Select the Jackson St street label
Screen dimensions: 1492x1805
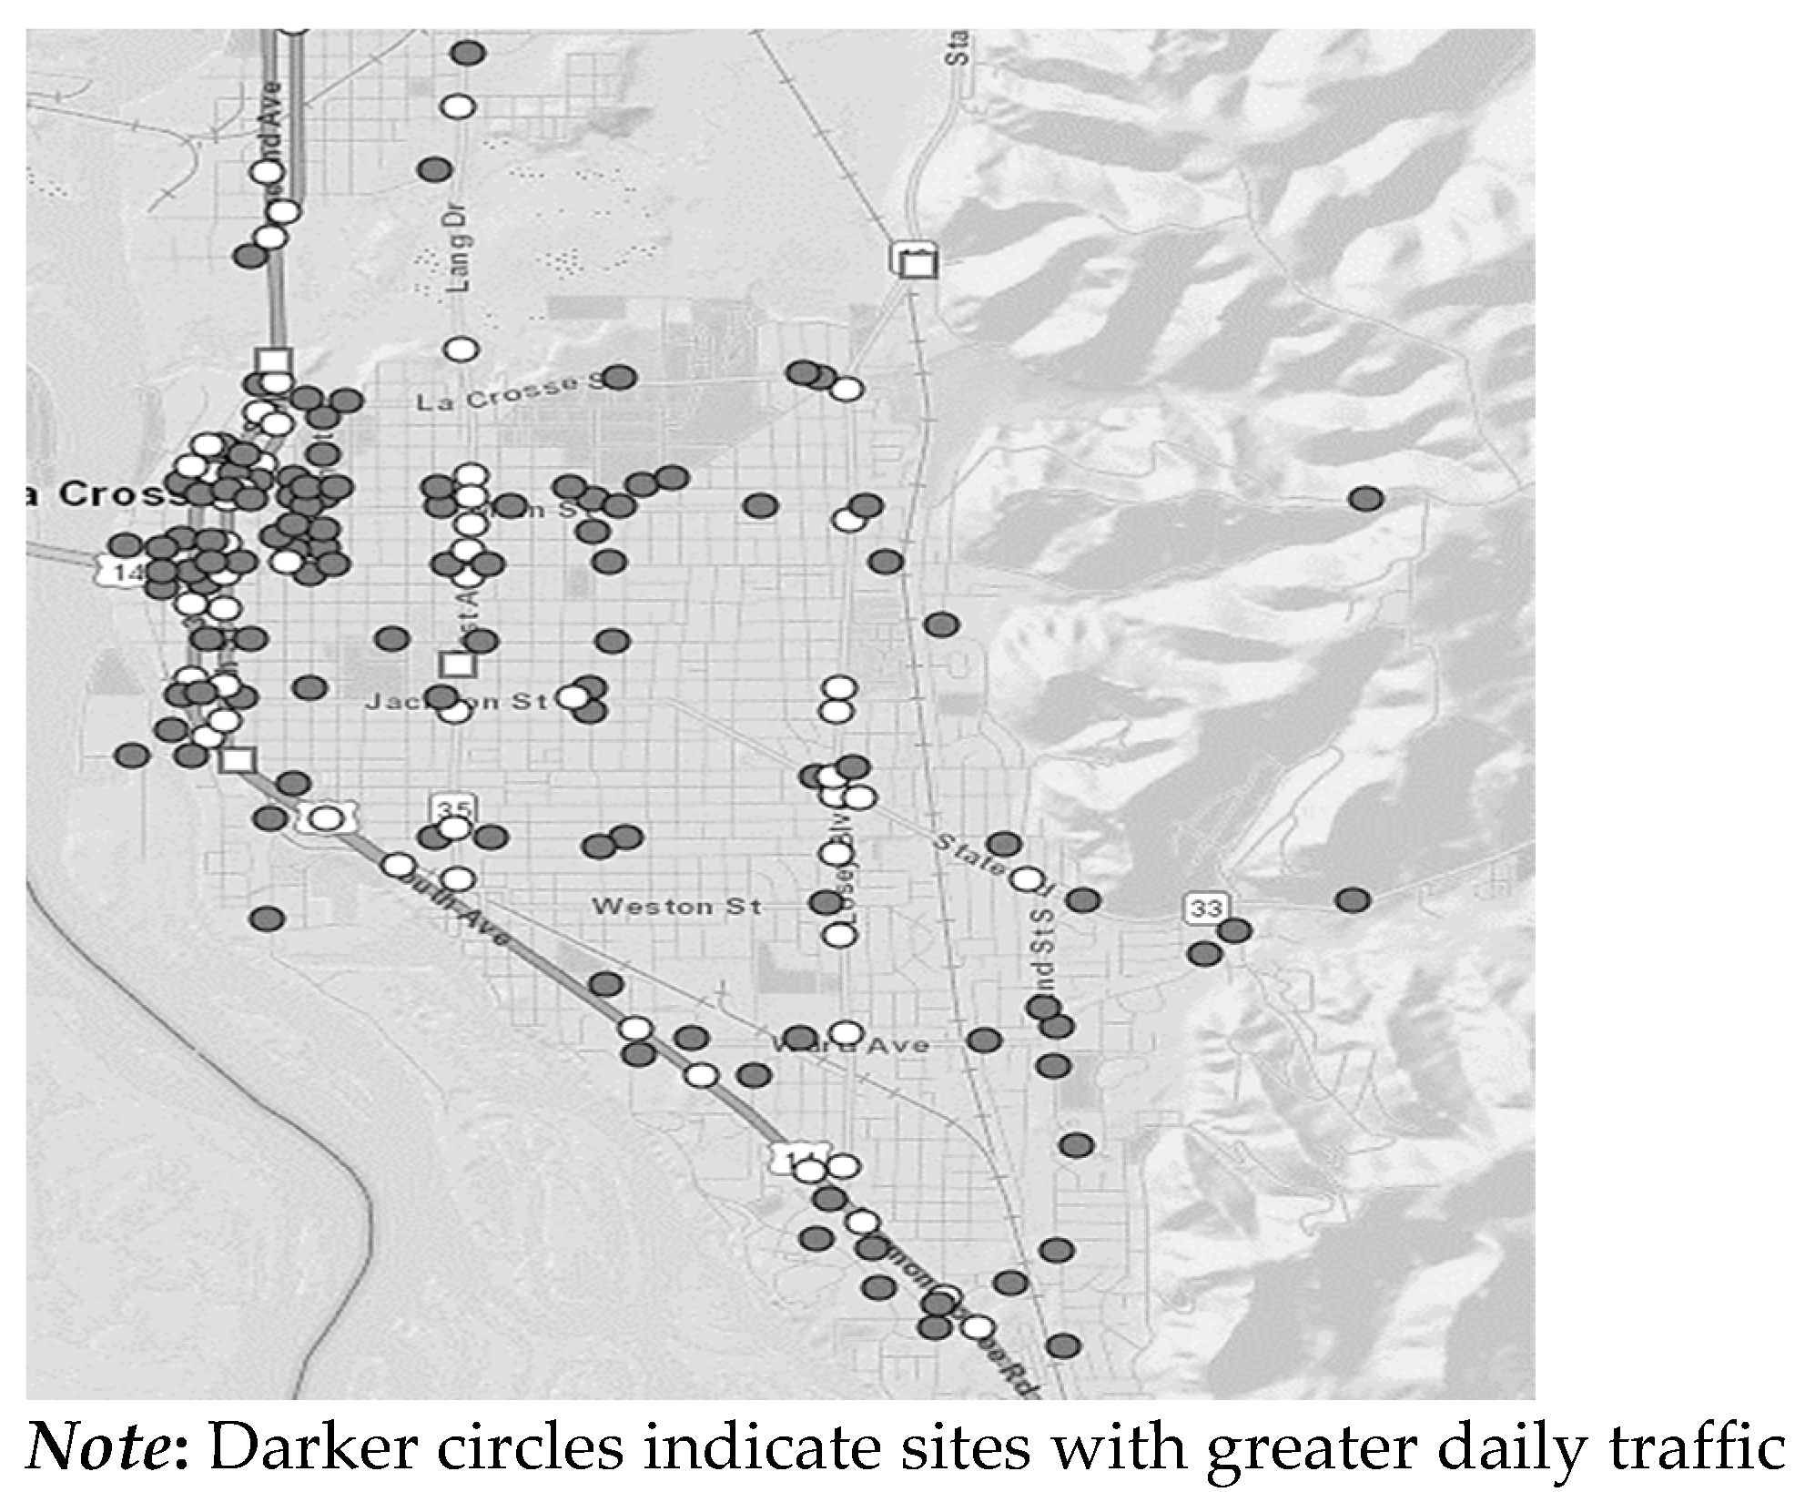tap(456, 701)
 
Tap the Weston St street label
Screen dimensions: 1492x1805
tap(676, 907)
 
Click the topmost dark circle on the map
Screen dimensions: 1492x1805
tap(469, 53)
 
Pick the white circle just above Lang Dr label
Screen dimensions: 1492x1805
tap(461, 107)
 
